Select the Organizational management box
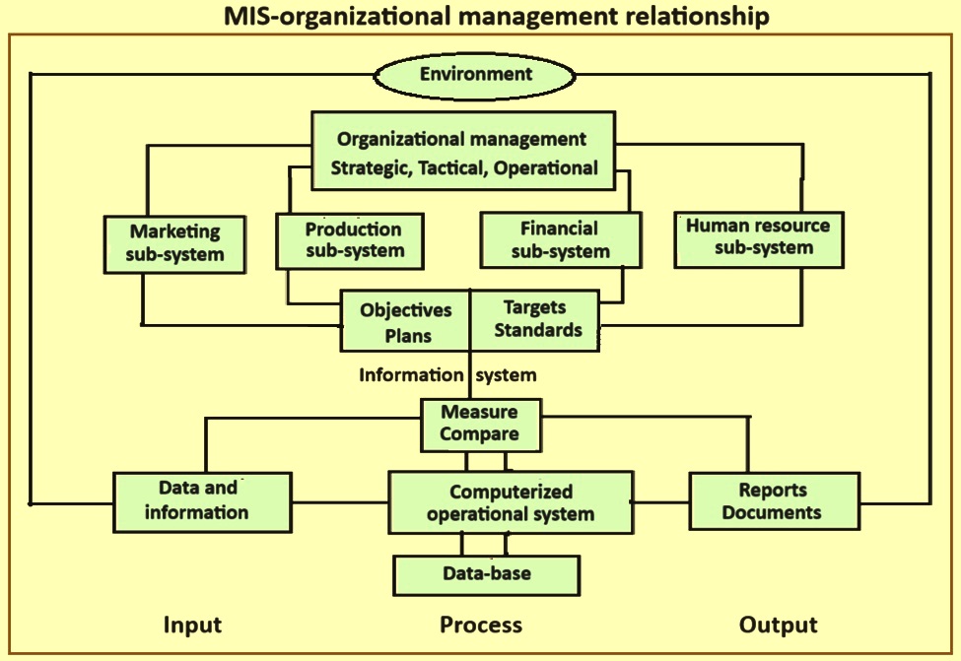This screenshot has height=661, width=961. coord(464,153)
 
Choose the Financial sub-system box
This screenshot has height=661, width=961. coord(560,240)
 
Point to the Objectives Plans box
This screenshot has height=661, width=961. coord(405,320)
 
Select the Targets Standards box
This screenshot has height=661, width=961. coord(535,319)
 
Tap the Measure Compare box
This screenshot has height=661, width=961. coord(479,423)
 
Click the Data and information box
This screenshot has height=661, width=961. coord(202,500)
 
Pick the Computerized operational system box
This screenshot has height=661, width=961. coord(511,502)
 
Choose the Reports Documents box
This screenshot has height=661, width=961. coord(772,500)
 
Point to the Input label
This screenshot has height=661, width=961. coord(192,625)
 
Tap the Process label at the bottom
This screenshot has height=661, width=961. coord(481,625)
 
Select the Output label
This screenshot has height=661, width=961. coord(779,625)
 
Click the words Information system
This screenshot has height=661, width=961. coord(447,374)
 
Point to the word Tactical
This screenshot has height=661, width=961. coord(450,167)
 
